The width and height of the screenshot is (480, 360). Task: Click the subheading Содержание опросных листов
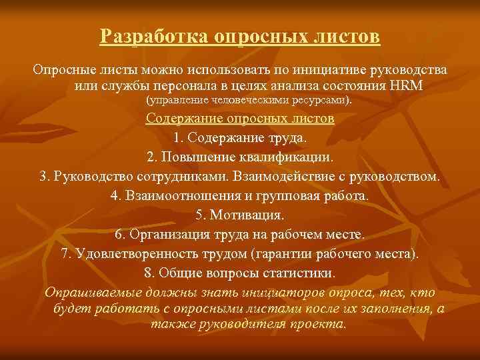pyautogui.click(x=240, y=119)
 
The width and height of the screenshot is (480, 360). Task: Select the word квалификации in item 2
pyautogui.click(x=292, y=158)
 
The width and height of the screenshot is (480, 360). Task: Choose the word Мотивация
pyautogui.click(x=249, y=216)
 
